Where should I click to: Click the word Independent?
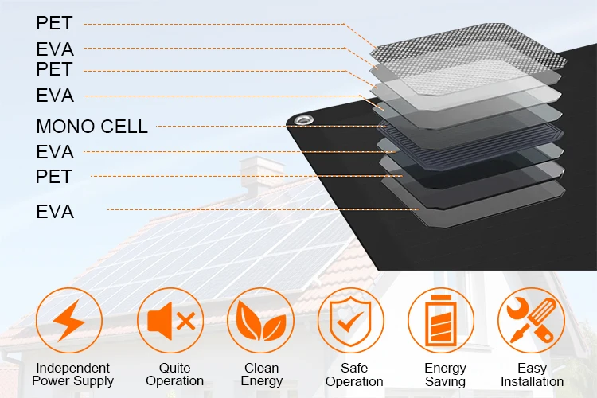point(72,368)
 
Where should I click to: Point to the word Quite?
point(174,368)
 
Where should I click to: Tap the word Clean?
point(261,368)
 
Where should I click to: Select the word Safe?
point(354,368)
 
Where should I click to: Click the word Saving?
point(445,381)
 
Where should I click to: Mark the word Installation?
point(532,381)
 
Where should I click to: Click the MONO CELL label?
point(92,126)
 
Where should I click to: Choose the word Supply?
point(94,381)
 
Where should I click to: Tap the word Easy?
point(532,368)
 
